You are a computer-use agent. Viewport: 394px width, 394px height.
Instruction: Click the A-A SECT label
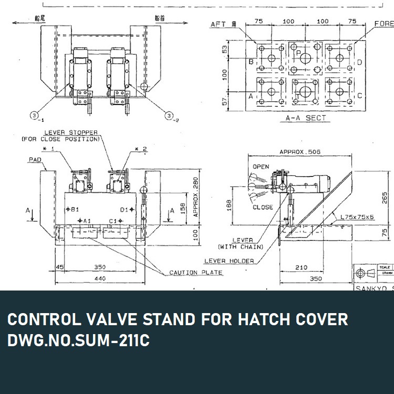pyautogui.click(x=305, y=118)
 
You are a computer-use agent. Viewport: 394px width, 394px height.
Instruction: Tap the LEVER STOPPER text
pyautogui.click(x=72, y=132)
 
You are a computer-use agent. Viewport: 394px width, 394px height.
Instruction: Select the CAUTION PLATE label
pyautogui.click(x=195, y=273)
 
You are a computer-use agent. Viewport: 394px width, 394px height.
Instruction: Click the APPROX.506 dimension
pyautogui.click(x=300, y=152)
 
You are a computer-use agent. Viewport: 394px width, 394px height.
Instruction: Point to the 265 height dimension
pyautogui.click(x=385, y=197)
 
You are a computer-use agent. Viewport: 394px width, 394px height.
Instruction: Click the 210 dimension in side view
pyautogui.click(x=300, y=267)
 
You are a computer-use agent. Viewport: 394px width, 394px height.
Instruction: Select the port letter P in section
pyautogui.click(x=298, y=53)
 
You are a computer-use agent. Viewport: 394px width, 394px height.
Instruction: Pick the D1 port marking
pyautogui.click(x=124, y=209)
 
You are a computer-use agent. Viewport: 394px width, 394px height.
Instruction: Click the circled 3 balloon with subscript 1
pyautogui.click(x=35, y=115)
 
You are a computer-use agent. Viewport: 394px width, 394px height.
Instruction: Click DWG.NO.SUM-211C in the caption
pyautogui.click(x=78, y=340)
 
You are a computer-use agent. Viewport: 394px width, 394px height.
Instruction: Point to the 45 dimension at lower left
pyautogui.click(x=59, y=267)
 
